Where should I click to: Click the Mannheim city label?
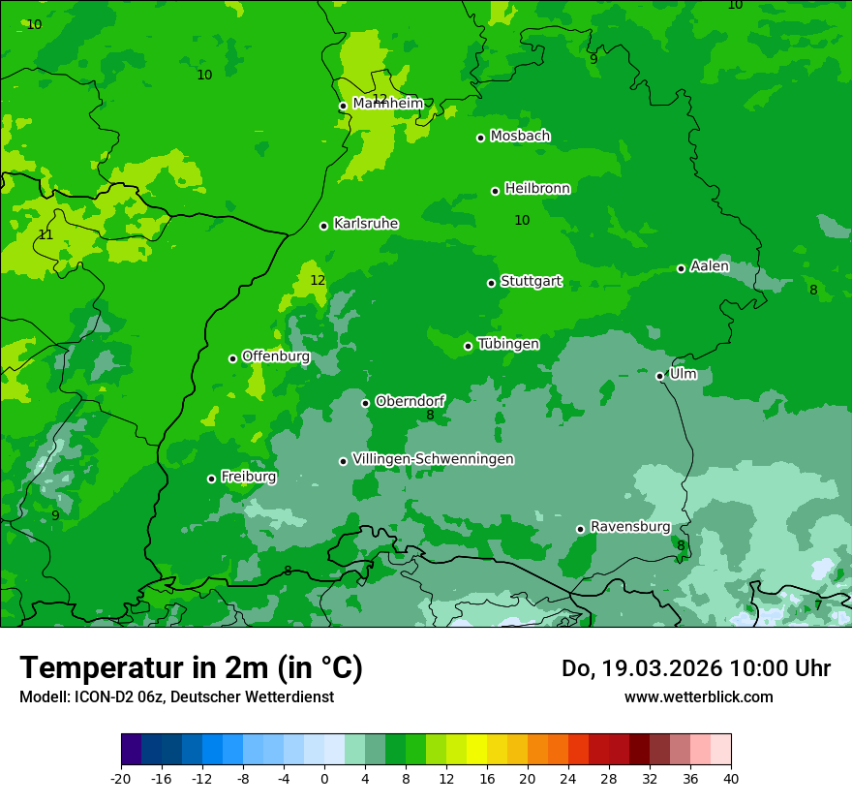coord(387,104)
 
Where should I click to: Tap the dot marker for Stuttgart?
coord(491,283)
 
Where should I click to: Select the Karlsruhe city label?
coord(365,224)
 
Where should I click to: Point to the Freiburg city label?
coord(248,477)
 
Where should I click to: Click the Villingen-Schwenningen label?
coord(433,459)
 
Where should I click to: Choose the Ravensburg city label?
coord(629,527)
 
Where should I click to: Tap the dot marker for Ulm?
coord(659,376)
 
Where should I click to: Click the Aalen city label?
coord(709,266)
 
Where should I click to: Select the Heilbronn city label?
coord(537,189)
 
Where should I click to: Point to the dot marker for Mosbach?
coord(480,138)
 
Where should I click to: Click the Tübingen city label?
coord(508,344)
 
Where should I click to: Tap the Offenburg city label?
coord(276,356)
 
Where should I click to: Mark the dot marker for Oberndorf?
coord(365,403)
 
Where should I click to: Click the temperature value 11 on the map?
coord(46,235)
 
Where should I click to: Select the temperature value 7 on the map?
coord(818,605)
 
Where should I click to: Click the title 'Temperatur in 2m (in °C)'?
coord(191,668)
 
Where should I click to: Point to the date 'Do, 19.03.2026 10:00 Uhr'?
coord(695,668)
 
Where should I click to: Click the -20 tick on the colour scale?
coord(121,779)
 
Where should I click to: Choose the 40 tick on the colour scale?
coord(730,779)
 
